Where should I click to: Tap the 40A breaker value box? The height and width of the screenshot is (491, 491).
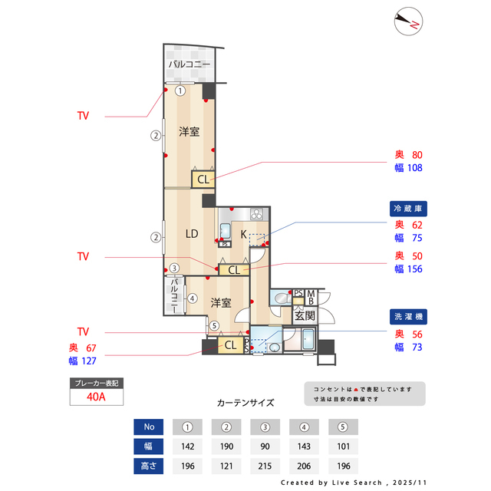(96, 397)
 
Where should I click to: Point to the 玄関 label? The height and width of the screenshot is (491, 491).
(305, 315)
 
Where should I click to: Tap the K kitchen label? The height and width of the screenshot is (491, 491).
(244, 234)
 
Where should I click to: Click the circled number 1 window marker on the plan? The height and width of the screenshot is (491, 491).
(180, 91)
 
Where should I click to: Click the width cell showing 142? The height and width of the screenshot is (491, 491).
(187, 447)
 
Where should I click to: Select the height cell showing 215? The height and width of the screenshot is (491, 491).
(265, 466)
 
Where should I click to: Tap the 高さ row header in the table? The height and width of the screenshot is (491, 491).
(149, 466)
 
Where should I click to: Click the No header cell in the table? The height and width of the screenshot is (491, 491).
(149, 427)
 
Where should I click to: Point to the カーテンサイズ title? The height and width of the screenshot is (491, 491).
(245, 402)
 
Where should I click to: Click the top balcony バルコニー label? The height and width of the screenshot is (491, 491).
(189, 64)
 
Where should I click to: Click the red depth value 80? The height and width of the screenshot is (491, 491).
(417, 154)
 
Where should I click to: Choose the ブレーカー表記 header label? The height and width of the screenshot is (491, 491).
(96, 382)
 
